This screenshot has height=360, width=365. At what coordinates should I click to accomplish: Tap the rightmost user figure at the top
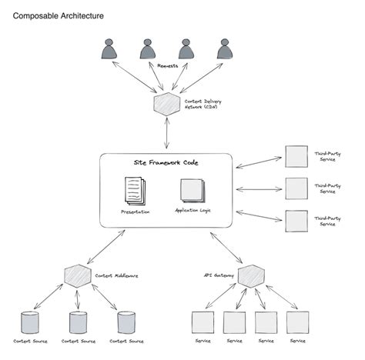point(225,49)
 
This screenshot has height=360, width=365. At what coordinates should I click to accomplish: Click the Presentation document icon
point(134,191)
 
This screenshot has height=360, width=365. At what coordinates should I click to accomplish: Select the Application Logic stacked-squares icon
point(192,191)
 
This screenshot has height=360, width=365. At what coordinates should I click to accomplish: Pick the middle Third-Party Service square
point(296,187)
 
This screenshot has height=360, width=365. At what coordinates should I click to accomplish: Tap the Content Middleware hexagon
point(75,275)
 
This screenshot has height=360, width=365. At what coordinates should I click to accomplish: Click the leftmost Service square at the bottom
point(201,322)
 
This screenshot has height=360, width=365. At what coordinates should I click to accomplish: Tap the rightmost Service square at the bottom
point(297,322)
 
